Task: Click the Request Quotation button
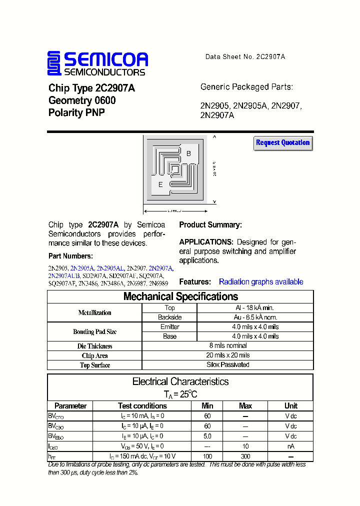(x=283, y=143)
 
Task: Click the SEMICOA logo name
(x=105, y=60)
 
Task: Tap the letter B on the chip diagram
(x=188, y=154)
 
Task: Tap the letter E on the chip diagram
(x=160, y=184)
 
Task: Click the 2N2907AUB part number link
(x=63, y=276)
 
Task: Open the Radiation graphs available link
(x=261, y=282)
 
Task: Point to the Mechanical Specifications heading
(x=180, y=296)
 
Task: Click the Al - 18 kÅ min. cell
(x=255, y=308)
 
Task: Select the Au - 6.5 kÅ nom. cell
(x=255, y=317)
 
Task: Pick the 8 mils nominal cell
(x=228, y=345)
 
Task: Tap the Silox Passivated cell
(x=228, y=364)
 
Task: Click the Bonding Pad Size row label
(x=95, y=332)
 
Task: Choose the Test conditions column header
(x=142, y=406)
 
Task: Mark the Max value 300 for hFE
(x=245, y=456)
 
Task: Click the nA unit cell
(x=290, y=446)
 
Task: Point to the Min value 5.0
(x=207, y=436)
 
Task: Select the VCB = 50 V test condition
(x=142, y=446)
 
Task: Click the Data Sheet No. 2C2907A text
(x=245, y=57)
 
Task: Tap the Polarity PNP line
(x=76, y=113)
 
